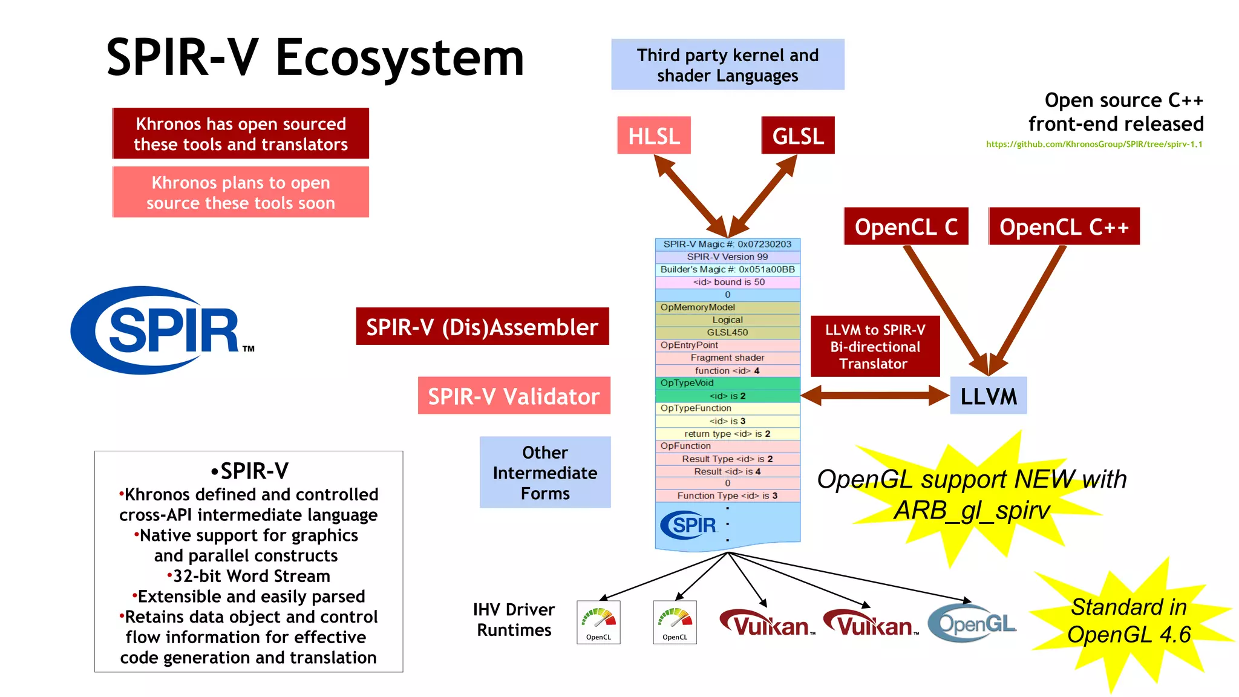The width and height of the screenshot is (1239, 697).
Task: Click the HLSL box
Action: (654, 136)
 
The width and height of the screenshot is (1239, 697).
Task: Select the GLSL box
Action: (798, 136)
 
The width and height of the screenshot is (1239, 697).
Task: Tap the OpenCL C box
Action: (906, 227)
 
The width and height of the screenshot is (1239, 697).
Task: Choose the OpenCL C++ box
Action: (1064, 227)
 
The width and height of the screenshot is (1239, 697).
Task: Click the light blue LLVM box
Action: (988, 396)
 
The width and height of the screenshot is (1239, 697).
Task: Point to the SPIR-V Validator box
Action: (514, 396)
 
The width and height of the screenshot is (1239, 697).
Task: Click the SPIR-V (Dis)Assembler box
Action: (482, 327)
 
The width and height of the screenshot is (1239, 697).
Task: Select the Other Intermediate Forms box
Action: (545, 473)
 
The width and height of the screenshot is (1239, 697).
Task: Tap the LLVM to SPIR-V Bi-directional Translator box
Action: (875, 347)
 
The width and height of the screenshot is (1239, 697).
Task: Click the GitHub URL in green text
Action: (1094, 144)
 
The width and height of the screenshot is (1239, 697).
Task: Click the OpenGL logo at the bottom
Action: (972, 623)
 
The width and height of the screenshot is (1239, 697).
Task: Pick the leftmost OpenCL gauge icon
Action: (598, 622)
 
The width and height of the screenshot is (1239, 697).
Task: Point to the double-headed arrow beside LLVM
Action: (875, 396)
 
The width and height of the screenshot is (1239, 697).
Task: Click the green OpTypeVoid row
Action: (727, 383)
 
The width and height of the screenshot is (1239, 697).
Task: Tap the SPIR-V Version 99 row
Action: (727, 257)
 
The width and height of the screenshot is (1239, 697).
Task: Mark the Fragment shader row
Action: (727, 358)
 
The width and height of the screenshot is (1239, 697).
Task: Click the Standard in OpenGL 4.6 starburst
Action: (1129, 621)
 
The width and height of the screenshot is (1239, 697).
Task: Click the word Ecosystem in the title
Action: (399, 58)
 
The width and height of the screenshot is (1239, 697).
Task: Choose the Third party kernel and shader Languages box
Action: (727, 65)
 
